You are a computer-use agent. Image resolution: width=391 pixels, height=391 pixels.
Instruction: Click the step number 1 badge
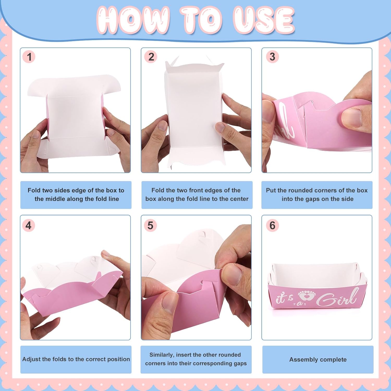click(29, 57)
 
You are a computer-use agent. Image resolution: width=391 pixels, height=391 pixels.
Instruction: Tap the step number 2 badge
click(151, 57)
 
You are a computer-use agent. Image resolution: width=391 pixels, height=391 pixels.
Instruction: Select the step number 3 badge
click(272, 57)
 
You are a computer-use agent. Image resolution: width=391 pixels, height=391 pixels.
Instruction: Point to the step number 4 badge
click(29, 225)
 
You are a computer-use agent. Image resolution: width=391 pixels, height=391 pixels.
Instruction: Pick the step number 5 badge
click(150, 225)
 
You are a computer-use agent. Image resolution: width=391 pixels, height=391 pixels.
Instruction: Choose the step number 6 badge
click(272, 225)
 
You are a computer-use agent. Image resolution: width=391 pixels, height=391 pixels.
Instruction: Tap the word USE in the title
click(264, 20)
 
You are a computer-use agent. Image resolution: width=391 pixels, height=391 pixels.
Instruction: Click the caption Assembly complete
click(318, 360)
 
